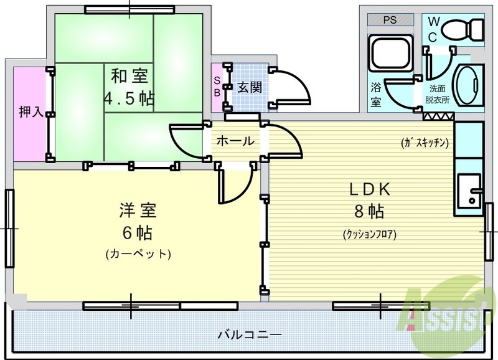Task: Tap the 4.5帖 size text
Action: pyautogui.click(x=129, y=98)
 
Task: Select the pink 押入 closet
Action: pyautogui.click(x=30, y=112)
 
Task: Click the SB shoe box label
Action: pyautogui.click(x=217, y=86)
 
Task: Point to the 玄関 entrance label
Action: pyautogui.click(x=250, y=86)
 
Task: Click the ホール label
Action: pyautogui.click(x=235, y=141)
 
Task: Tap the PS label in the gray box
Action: pyautogui.click(x=390, y=20)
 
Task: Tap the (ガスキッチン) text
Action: pyautogui.click(x=425, y=142)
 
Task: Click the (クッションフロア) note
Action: pyautogui.click(x=369, y=235)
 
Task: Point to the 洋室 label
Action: pyautogui.click(x=137, y=210)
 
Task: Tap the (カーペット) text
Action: pyautogui.click(x=138, y=254)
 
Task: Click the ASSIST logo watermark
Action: pyautogui.click(x=443, y=310)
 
